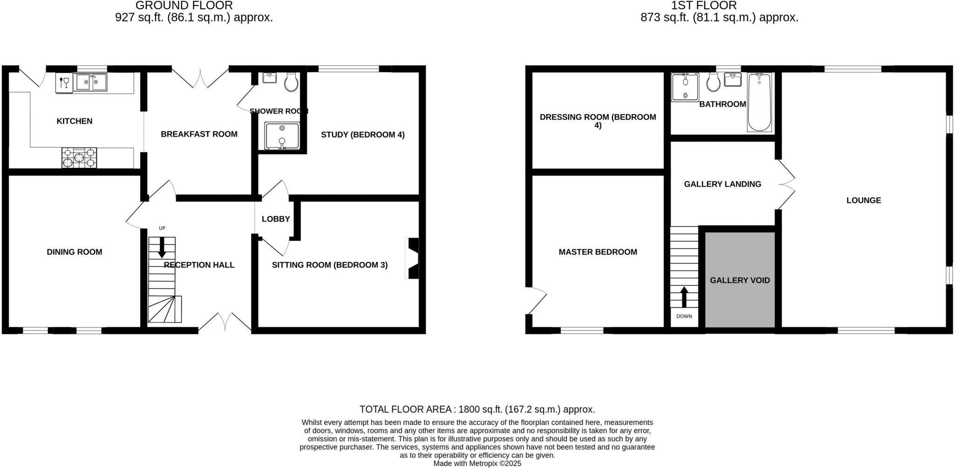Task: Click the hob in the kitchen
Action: [x=79, y=158]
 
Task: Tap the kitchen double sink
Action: [x=91, y=82]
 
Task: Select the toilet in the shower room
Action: [x=292, y=82]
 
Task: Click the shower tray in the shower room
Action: [x=282, y=136]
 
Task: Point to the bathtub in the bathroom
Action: [x=759, y=103]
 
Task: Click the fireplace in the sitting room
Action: [x=413, y=258]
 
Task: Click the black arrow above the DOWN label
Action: [x=684, y=297]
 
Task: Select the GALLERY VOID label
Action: [x=740, y=280]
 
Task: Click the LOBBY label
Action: [x=276, y=219]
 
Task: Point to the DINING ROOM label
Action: [x=75, y=252]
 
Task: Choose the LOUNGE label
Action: [x=864, y=200]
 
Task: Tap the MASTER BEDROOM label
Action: [x=598, y=252]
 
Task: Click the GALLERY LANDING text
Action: [x=722, y=184]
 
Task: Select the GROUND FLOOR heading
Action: [x=184, y=6]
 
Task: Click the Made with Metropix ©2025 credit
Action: [x=477, y=463]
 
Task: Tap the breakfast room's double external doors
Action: [x=200, y=77]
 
